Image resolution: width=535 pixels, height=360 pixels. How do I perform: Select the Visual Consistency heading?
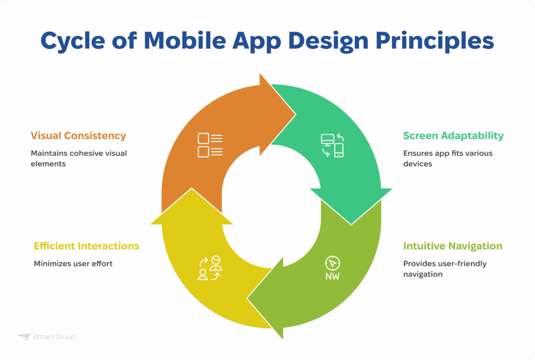click(x=78, y=136)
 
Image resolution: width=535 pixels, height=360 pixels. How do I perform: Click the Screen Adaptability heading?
click(x=453, y=136)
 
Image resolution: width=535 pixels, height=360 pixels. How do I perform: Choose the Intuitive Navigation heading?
click(x=453, y=246)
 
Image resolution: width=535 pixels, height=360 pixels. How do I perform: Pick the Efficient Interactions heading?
click(x=86, y=246)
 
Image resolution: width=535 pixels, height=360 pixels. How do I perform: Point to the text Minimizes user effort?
click(x=73, y=263)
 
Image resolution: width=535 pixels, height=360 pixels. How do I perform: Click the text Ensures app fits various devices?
click(x=448, y=158)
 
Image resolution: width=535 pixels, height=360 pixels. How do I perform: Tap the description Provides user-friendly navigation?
click(x=444, y=269)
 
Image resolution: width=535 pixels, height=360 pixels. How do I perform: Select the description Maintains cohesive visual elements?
click(x=78, y=158)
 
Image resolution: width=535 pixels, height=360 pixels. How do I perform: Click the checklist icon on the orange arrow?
click(x=210, y=145)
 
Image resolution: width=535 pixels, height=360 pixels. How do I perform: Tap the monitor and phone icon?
click(x=332, y=145)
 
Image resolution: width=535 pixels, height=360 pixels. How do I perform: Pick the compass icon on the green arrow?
click(x=332, y=263)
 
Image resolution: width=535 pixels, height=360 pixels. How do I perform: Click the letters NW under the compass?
click(x=332, y=277)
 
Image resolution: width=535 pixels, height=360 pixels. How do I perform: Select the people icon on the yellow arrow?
click(x=210, y=268)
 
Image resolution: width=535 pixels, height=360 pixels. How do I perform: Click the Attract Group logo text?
click(x=53, y=337)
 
